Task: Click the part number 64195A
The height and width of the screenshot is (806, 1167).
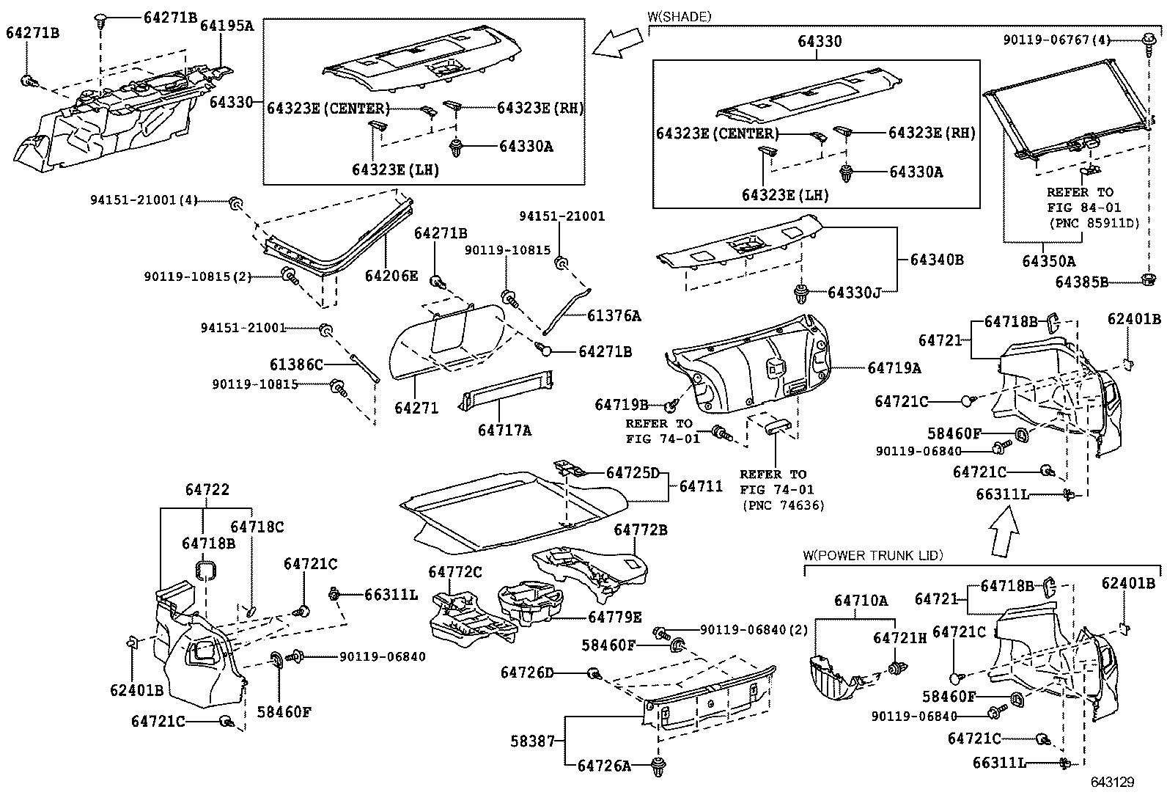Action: tap(228, 26)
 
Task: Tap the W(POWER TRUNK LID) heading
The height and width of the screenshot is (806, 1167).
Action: tap(873, 555)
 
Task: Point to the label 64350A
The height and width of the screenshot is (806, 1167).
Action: tap(1049, 260)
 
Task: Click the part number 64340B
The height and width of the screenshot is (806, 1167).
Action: tap(937, 260)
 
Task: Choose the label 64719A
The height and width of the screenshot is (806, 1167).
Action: tap(894, 368)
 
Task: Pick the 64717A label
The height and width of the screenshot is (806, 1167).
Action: tap(504, 431)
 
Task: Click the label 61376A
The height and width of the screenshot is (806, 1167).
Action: tap(614, 316)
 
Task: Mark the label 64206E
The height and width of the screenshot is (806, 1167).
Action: tap(391, 276)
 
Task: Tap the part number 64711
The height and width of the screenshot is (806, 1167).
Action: tap(701, 486)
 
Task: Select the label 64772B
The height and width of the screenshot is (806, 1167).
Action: tap(641, 530)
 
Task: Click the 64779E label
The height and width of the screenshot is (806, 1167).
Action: tap(615, 618)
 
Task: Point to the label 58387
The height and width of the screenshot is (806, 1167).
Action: tap(533, 741)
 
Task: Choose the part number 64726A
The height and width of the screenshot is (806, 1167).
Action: tap(604, 766)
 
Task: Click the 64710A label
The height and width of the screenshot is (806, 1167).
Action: tap(861, 601)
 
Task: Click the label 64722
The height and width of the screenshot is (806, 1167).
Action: tap(207, 490)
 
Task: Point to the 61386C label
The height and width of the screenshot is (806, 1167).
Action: tap(296, 364)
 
